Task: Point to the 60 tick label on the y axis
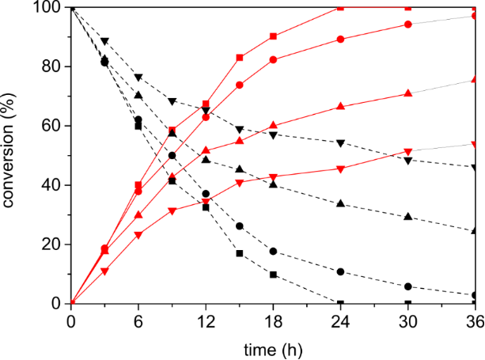click(52, 126)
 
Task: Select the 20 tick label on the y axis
click(52, 244)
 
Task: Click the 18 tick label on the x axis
click(273, 322)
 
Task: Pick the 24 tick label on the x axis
click(340, 322)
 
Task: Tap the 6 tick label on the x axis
click(138, 322)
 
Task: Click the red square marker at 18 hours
click(273, 36)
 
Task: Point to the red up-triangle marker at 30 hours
click(408, 93)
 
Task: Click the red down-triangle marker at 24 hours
click(340, 169)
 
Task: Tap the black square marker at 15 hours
click(240, 253)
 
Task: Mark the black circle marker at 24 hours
click(340, 272)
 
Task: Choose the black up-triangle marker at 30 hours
click(408, 217)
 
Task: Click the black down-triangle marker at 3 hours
click(104, 41)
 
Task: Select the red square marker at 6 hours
click(138, 185)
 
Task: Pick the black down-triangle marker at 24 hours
click(340, 143)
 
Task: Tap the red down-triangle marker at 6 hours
click(138, 236)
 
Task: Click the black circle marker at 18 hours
click(273, 252)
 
